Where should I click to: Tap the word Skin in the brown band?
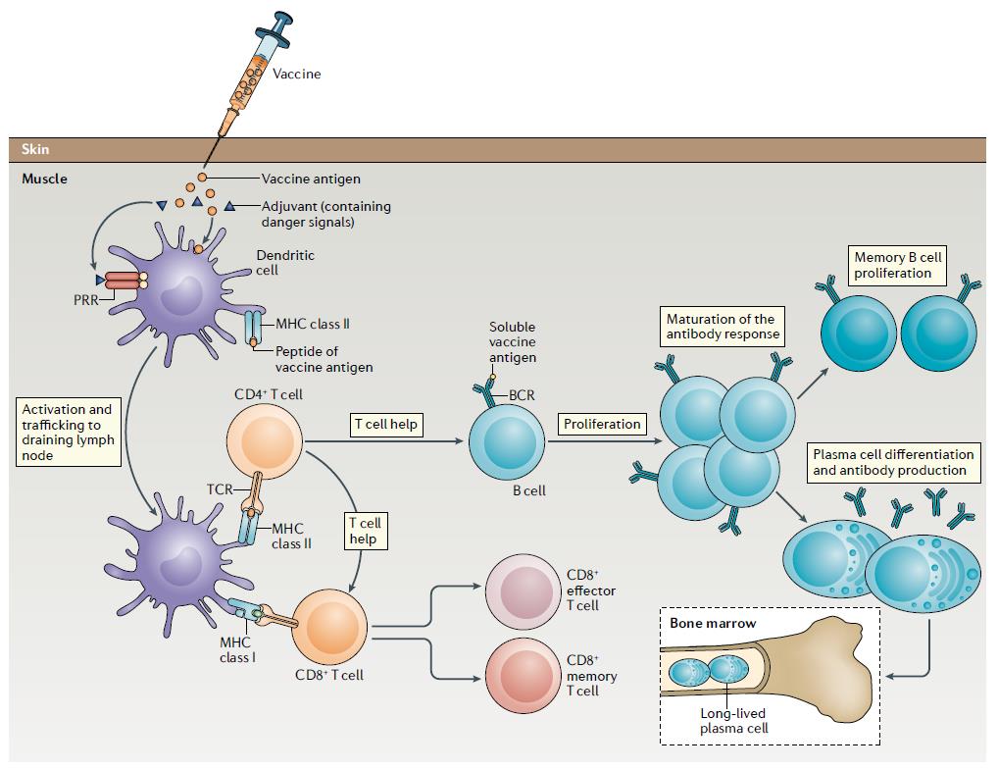(35, 150)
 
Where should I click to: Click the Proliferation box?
(602, 425)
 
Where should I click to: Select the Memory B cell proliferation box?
(897, 265)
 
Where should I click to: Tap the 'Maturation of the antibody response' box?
(721, 327)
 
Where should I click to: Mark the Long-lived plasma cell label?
(734, 721)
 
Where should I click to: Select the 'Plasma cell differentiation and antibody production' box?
(893, 462)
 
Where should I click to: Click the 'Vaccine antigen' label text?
(311, 179)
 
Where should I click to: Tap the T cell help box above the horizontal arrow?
(386, 425)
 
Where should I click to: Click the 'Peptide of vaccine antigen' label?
(324, 359)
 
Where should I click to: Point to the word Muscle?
(44, 180)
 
